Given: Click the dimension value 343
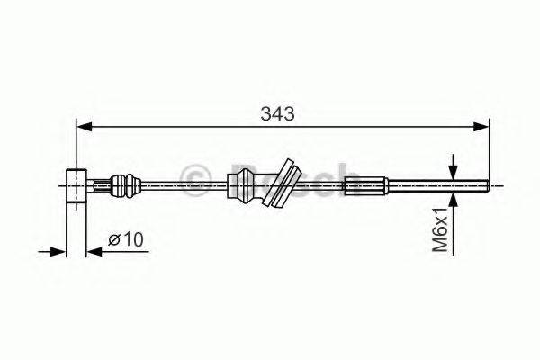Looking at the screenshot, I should tap(279, 114).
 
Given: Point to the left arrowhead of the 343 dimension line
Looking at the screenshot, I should tap(82, 128).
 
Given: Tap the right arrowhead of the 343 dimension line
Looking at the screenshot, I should tap(483, 128).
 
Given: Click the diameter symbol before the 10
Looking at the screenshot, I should tap(114, 239).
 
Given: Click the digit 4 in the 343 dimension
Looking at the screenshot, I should tap(279, 114).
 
